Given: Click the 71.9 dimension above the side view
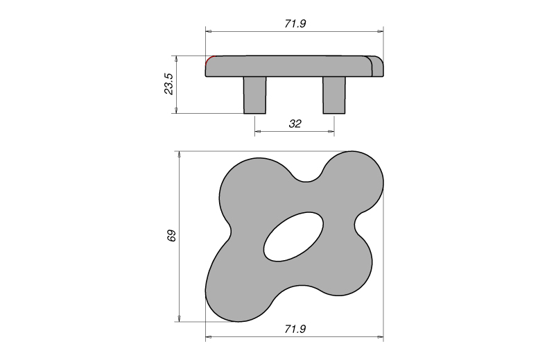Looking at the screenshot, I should (295, 24).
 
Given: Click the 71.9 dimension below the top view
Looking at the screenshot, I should (295, 329).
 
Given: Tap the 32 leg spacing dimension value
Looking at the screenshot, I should (295, 124).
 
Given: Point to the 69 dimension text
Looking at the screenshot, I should (172, 236).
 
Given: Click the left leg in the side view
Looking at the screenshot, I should (254, 94).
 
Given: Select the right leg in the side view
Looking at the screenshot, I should (334, 94).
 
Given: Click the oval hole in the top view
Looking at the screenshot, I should (294, 237).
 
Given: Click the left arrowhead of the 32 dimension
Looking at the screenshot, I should (257, 131).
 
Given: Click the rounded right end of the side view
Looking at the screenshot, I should (379, 66).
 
